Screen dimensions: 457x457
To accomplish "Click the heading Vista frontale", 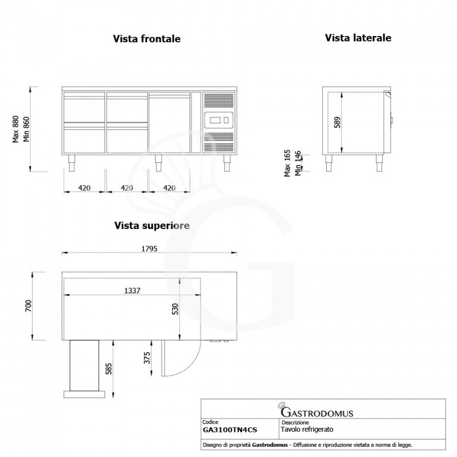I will tap(147, 39).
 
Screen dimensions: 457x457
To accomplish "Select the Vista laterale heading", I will tap(358, 38).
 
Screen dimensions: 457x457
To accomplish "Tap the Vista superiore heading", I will tap(151, 226).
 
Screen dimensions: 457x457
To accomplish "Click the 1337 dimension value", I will tap(132, 290).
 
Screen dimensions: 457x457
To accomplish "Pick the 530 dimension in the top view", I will tap(175, 309).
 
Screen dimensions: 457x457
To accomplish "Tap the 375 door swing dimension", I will tap(147, 359).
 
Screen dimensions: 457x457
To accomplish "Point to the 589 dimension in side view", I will tap(336, 123).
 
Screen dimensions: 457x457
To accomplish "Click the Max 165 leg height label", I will tap(288, 163).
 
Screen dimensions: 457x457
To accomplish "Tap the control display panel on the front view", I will tap(218, 120).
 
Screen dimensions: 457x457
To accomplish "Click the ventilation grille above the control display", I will tap(218, 101).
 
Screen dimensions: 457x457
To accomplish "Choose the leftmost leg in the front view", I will tap(71, 163).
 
